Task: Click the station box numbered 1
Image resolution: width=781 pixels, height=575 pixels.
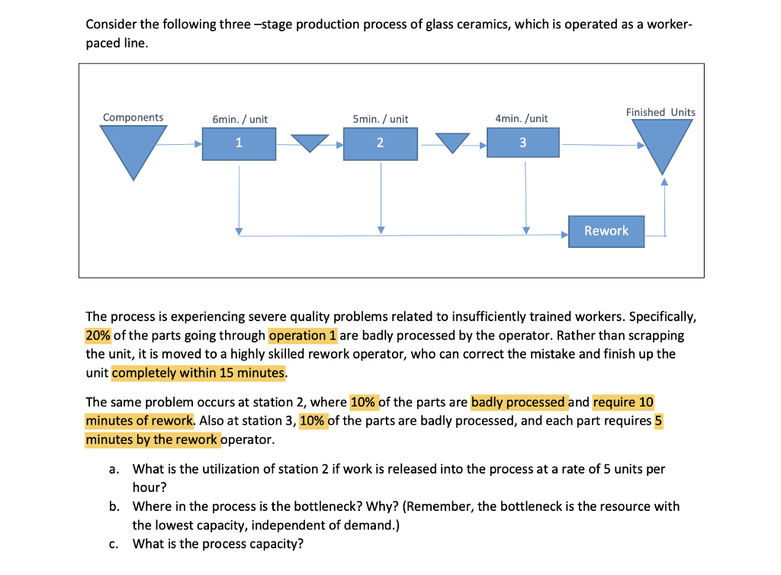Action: pos(239,143)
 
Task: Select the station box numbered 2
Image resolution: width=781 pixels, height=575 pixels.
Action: pos(380,143)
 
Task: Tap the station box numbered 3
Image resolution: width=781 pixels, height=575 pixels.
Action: pos(522,143)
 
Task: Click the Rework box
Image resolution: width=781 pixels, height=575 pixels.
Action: pos(606,231)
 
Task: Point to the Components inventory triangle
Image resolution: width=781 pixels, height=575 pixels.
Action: pos(133,146)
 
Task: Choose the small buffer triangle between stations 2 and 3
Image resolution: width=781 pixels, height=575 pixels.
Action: pos(452,143)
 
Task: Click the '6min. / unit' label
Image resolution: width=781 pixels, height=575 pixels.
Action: pos(239,119)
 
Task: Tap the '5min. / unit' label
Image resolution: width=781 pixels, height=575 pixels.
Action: pos(380,119)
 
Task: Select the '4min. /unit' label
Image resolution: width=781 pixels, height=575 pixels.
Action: pos(522,118)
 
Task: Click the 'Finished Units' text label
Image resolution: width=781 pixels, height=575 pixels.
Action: pos(660,112)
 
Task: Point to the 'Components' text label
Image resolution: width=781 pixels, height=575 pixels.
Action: pos(133,117)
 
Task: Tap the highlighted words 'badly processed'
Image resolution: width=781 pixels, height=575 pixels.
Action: pos(519,402)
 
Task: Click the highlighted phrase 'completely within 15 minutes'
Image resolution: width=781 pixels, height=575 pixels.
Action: pos(198,374)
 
